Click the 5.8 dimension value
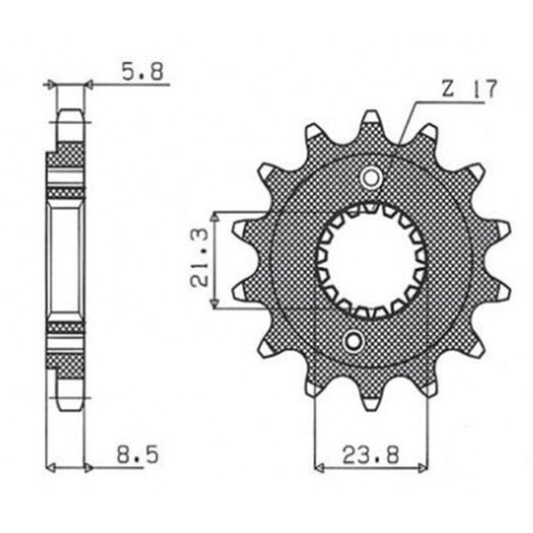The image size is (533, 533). [x=143, y=71]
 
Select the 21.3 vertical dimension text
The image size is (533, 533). [x=199, y=258]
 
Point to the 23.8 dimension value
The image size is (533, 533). [x=370, y=455]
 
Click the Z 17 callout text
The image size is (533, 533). [x=470, y=89]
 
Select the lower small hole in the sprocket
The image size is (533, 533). [x=353, y=340]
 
